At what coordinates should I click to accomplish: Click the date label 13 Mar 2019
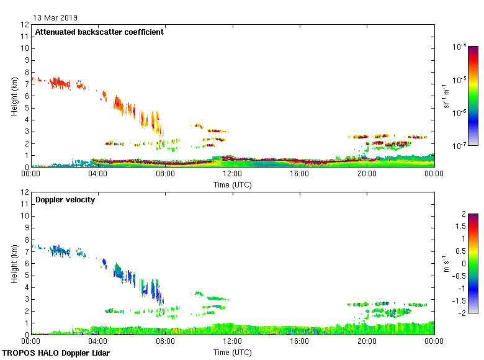(x=55, y=17)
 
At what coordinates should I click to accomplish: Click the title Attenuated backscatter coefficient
(x=99, y=32)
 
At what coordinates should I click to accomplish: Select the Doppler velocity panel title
(x=65, y=200)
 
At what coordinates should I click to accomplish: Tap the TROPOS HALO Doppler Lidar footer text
(x=50, y=353)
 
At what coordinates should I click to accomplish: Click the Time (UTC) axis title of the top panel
(x=233, y=184)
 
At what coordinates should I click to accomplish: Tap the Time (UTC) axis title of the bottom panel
(x=233, y=352)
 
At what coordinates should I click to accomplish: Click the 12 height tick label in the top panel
(x=25, y=25)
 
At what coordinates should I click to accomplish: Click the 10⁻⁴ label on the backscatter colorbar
(x=460, y=47)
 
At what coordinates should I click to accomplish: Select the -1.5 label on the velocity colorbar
(x=461, y=300)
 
